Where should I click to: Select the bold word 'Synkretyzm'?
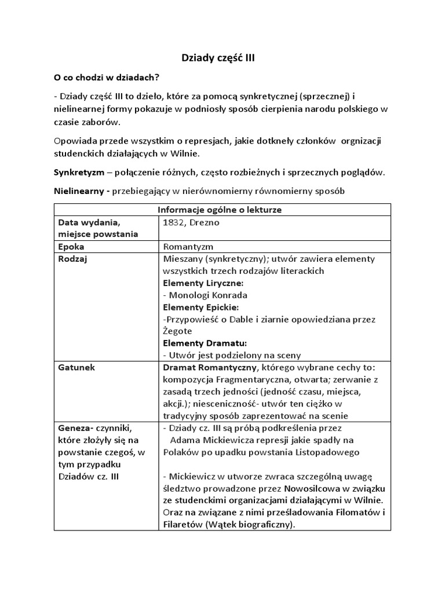tap(79, 173)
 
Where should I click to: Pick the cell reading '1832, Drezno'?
tap(191, 222)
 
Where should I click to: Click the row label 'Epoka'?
tap(71, 246)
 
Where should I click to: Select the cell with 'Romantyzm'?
tap(188, 246)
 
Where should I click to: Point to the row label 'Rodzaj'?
tap(72, 258)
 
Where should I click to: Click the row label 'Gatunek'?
tap(75, 367)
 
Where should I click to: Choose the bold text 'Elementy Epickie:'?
tap(201, 307)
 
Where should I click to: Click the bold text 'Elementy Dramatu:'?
tap(205, 343)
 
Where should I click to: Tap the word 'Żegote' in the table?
tap(180, 331)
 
